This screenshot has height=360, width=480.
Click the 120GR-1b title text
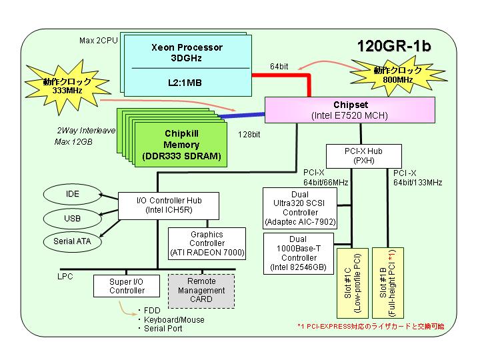[394, 46]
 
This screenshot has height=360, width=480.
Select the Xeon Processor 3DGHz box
[187, 65]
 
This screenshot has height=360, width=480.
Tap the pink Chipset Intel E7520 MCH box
[349, 110]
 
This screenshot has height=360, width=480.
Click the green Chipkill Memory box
[181, 145]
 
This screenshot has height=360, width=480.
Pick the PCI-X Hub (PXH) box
[364, 156]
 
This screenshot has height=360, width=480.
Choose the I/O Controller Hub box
[169, 206]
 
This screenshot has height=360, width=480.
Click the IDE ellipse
[72, 194]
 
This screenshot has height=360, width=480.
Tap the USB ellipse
[72, 219]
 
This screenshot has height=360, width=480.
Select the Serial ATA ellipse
[72, 241]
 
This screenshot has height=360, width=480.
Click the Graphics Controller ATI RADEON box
[207, 244]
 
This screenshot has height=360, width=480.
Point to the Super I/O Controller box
[127, 286]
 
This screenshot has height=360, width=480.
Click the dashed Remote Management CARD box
[201, 291]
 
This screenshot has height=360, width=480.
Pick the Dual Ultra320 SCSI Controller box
[300, 209]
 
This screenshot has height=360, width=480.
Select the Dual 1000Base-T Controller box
[299, 253]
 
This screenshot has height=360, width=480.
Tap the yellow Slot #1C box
[353, 283]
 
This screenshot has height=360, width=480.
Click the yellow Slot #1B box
[388, 283]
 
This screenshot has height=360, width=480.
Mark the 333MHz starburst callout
[67, 87]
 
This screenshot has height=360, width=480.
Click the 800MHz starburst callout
[397, 75]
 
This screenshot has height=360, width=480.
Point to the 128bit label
[249, 135]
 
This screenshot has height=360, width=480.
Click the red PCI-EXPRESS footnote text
[371, 326]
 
